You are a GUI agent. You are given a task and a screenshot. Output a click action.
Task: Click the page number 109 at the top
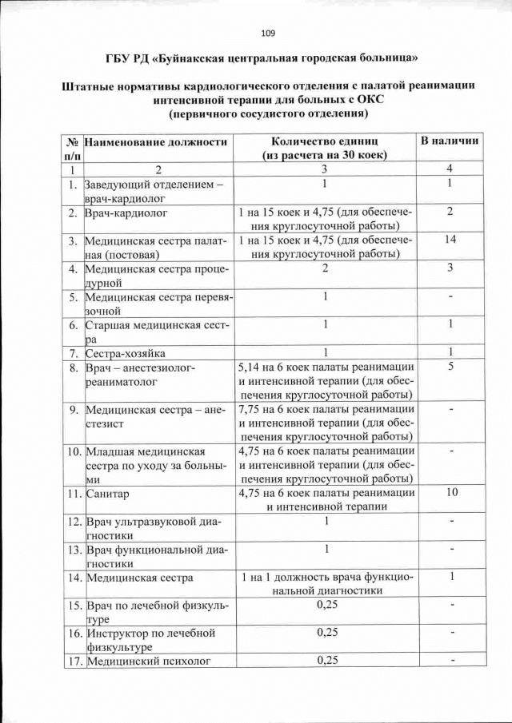coord(268,33)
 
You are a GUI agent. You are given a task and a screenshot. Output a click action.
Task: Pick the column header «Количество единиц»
coord(326,141)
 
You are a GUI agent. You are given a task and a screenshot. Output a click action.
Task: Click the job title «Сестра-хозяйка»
coord(124,352)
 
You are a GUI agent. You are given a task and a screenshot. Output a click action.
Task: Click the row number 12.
coord(74,522)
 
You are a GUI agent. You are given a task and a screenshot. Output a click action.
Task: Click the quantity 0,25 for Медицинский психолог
coord(326,660)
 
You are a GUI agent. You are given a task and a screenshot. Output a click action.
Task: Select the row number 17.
coord(74,661)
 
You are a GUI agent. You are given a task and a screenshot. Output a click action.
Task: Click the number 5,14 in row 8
coord(254,367)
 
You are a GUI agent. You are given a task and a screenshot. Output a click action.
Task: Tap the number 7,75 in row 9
coord(254,408)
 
